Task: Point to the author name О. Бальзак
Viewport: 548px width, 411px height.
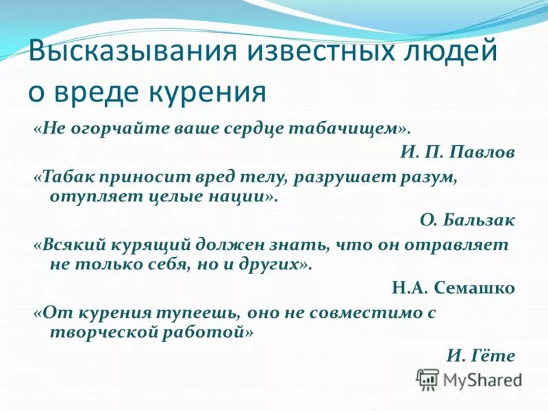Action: tap(467, 221)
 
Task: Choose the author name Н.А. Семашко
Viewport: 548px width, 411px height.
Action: tap(453, 288)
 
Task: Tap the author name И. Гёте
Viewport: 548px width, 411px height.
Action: tap(480, 355)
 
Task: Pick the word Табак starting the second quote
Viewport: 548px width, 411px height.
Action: tap(69, 177)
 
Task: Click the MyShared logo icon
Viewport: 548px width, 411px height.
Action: tap(427, 378)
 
